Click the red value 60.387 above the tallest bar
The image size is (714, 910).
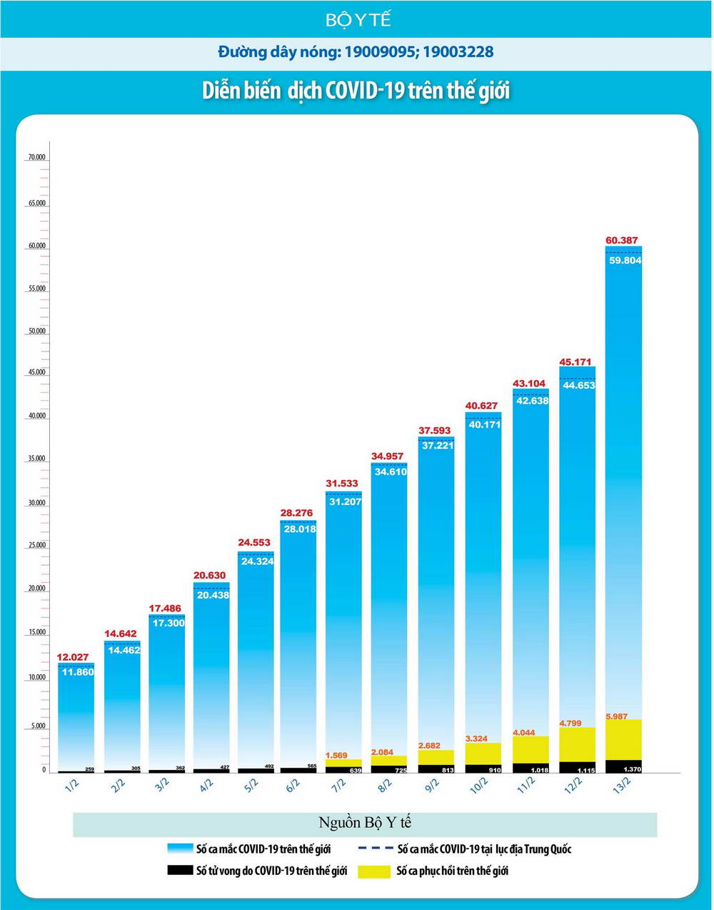pos(622,240)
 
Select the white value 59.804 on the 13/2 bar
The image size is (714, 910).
pos(625,261)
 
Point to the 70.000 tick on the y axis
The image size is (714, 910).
pos(36,157)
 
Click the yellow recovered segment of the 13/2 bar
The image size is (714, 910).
pos(623,740)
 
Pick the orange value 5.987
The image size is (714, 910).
pos(618,716)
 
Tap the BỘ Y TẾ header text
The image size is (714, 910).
pos(358,20)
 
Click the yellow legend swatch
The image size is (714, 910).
pos(373,871)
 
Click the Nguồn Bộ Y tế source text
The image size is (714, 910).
pos(365,822)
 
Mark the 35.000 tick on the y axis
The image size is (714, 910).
pos(36,459)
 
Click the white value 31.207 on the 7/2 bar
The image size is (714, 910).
pos(345,501)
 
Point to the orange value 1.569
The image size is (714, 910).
pos(336,755)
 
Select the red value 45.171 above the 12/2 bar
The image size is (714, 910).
pos(575,362)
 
